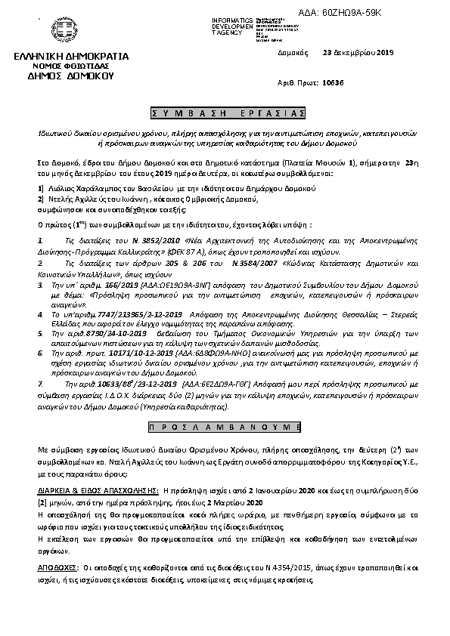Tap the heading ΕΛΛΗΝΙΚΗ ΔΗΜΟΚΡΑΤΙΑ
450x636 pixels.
click(x=71, y=56)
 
